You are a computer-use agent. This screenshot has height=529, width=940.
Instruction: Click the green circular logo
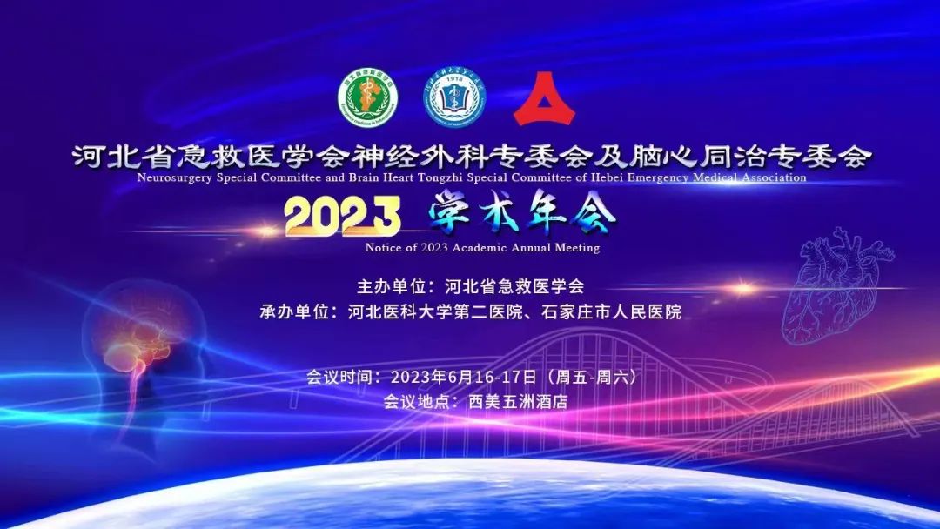click(368, 97)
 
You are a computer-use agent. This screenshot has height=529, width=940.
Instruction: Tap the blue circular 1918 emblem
click(454, 97)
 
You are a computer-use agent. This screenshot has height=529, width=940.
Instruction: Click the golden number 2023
click(342, 217)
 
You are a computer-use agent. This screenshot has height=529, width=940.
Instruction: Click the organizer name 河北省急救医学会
click(514, 285)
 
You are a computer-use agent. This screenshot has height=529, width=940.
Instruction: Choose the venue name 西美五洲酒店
click(518, 402)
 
